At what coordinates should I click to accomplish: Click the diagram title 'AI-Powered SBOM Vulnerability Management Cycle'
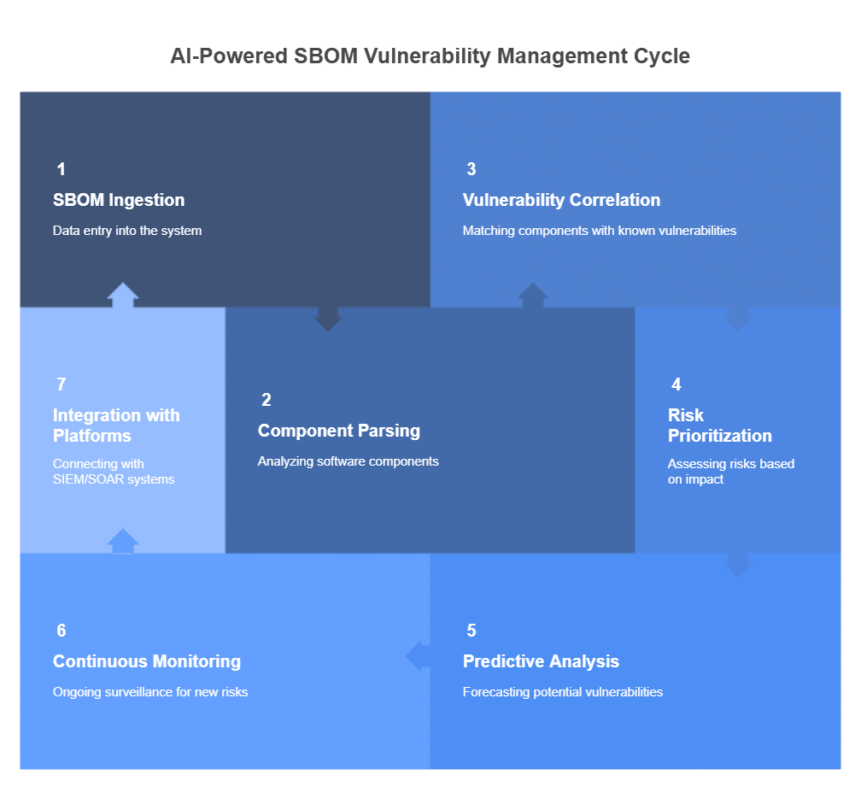[430, 56]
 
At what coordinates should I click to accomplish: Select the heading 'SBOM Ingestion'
[119, 200]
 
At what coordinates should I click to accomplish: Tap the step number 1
[61, 169]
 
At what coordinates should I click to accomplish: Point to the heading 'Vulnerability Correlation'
[561, 200]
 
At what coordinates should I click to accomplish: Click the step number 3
[471, 169]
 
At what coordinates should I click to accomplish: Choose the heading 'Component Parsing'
[339, 431]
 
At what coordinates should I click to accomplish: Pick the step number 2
[266, 400]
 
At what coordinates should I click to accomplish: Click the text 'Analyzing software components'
[348, 461]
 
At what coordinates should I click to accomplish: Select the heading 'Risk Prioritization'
[720, 425]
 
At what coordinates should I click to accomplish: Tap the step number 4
[676, 384]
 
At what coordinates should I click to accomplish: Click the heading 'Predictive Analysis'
[541, 661]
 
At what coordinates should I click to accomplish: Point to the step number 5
[471, 631]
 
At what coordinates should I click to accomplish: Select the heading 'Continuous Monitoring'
[147, 661]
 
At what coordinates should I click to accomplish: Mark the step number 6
[61, 631]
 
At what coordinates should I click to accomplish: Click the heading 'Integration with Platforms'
[116, 425]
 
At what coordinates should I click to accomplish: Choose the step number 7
[61, 384]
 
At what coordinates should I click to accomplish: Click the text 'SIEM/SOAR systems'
[114, 479]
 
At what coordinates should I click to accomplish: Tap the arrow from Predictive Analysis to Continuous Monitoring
[418, 656]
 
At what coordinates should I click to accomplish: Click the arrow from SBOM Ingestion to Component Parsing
[328, 319]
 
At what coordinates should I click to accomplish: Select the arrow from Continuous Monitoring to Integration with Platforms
[123, 541]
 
